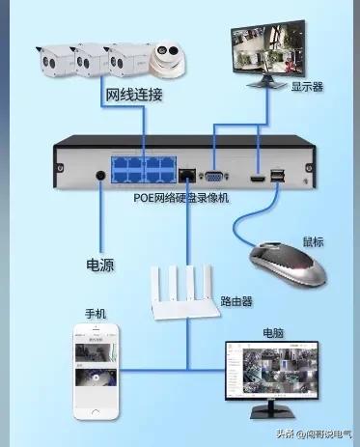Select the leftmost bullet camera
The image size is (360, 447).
[x=56, y=63]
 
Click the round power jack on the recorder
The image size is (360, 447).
[x=102, y=176]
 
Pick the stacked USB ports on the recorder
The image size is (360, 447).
[x=278, y=176]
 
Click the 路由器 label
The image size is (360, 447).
[x=236, y=301]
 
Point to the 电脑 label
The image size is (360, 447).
[x=273, y=331]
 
